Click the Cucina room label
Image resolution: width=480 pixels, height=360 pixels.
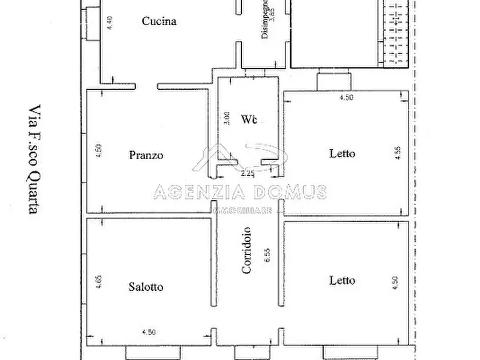pyautogui.click(x=159, y=21)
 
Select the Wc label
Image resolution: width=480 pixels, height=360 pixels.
pyautogui.click(x=248, y=118)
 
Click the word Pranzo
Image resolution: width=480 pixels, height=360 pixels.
pyautogui.click(x=146, y=156)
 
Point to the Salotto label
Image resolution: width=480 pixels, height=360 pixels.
pyautogui.click(x=146, y=287)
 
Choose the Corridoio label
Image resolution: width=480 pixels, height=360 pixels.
pyautogui.click(x=247, y=255)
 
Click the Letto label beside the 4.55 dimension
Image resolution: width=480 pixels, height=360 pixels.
pyautogui.click(x=342, y=154)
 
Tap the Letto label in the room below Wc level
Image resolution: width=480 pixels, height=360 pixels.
pyautogui.click(x=342, y=280)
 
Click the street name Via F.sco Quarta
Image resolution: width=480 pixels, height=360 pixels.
pyautogui.click(x=33, y=159)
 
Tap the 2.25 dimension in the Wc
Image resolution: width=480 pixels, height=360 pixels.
pyautogui.click(x=247, y=174)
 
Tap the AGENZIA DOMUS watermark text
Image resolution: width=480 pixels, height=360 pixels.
pyautogui.click(x=240, y=191)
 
